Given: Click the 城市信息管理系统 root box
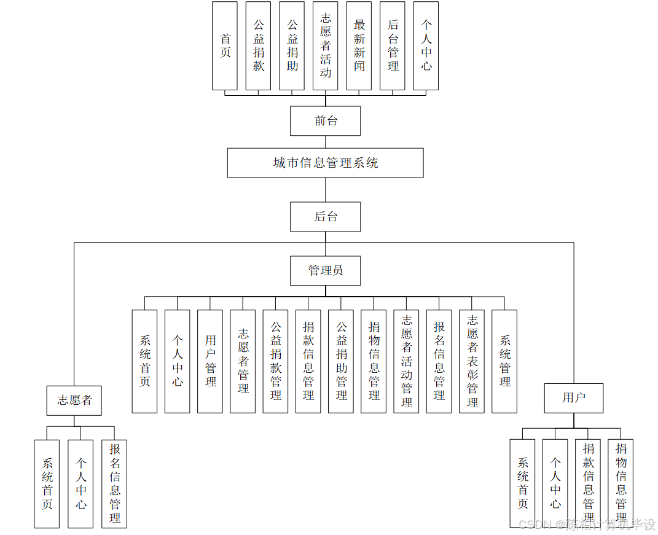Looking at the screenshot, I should tap(325, 163).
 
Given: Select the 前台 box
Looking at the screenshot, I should tap(325, 121).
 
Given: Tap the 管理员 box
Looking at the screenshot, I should tap(325, 270).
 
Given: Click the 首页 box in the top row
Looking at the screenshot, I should tap(225, 46).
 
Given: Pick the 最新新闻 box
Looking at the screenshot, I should tap(359, 46).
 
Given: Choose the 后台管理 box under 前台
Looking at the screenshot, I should tap(393, 46).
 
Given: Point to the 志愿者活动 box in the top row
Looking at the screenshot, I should tap(326, 46).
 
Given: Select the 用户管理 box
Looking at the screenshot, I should tap(210, 361).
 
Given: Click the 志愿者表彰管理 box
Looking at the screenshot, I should tap(472, 361).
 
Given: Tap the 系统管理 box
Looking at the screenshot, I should tap(504, 361).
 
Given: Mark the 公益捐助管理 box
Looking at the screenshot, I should tap(341, 361).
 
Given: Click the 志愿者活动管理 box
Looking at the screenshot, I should tap(406, 361).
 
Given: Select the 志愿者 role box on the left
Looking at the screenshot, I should tap(74, 400).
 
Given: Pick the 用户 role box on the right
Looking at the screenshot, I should tap(574, 398).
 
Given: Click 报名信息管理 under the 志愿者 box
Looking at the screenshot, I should tap(114, 483).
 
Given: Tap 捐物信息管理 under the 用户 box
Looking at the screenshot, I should tap(621, 483).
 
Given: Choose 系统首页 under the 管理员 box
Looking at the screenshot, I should tap(145, 361).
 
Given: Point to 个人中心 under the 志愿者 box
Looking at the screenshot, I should tap(80, 483).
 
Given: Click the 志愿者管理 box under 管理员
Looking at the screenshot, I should tap(243, 361).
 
